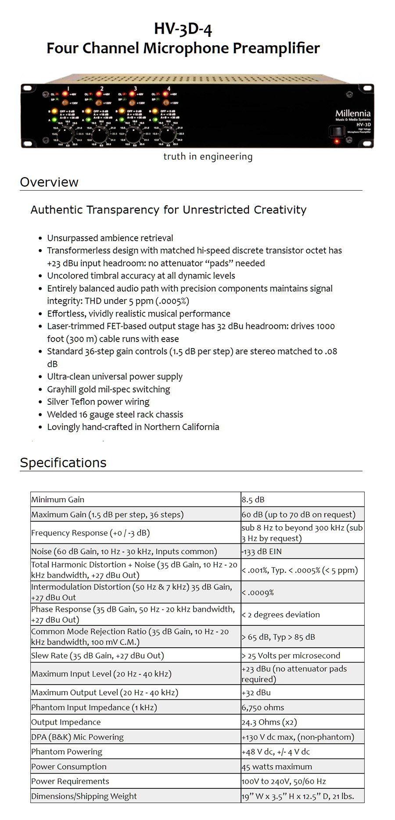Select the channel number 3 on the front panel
135,89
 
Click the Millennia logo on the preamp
353,114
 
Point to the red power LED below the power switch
337,141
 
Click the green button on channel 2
88,120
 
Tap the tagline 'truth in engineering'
208,157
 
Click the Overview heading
49,182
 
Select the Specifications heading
63,463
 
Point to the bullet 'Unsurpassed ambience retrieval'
110,238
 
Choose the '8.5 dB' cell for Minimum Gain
253,499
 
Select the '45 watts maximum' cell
277,767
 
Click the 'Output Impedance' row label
66,722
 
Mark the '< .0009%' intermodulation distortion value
258,592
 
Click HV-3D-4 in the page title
183,29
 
